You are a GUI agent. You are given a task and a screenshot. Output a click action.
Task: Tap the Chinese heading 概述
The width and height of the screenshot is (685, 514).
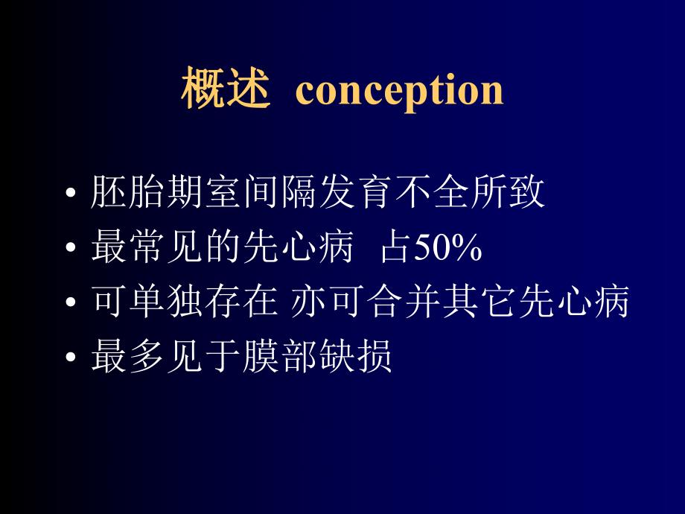pyautogui.click(x=224, y=90)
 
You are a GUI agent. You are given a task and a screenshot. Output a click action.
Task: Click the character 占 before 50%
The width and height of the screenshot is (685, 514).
pyautogui.click(x=394, y=249)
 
